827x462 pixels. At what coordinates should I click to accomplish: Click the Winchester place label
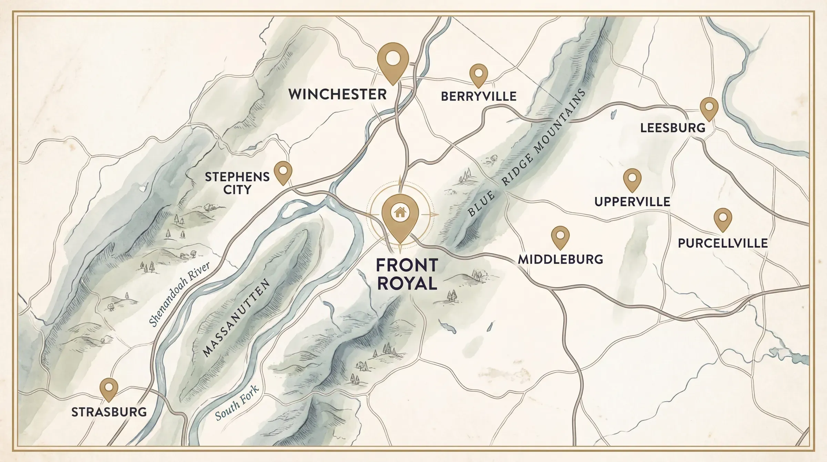point(337,94)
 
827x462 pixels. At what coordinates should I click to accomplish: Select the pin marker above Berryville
point(479,74)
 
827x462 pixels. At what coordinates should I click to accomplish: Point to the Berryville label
point(479,96)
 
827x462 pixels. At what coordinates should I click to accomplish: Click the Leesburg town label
point(673,128)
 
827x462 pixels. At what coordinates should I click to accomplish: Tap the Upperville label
point(632,201)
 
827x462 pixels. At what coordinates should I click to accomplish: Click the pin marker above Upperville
point(632,179)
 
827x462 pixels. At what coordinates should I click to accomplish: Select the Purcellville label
point(723,243)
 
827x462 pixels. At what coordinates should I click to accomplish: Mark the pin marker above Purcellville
point(723,218)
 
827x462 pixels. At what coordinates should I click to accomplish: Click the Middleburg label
point(561,259)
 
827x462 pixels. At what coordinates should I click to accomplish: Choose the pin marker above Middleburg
point(560,236)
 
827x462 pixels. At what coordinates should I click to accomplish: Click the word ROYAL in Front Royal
point(407,284)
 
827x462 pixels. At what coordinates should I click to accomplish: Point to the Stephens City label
point(237,183)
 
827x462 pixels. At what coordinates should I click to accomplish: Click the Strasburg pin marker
point(109,388)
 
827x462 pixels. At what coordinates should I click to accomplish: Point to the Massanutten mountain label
point(236,318)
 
